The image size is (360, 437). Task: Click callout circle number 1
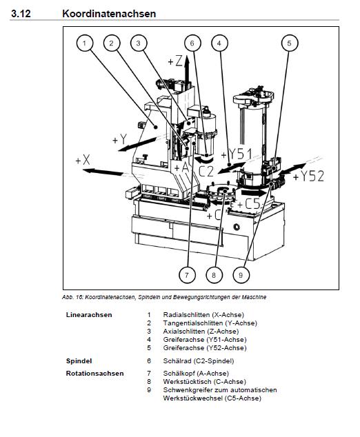[x=84, y=43]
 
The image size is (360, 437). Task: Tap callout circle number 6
[x=192, y=43]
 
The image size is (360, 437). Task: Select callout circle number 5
[x=289, y=43]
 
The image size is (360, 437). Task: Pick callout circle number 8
[x=214, y=275]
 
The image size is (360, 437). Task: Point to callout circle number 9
[x=241, y=275]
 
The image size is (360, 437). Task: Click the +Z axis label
[x=175, y=61]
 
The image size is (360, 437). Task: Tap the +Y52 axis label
[x=309, y=176]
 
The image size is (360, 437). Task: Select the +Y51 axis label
[x=237, y=154]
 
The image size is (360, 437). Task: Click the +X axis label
[x=83, y=160]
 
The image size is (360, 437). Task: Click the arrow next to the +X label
[x=103, y=172]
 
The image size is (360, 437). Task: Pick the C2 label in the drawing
[x=206, y=172]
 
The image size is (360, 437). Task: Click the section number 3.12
[x=21, y=14]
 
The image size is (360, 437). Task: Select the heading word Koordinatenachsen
[x=109, y=14]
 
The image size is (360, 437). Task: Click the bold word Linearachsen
[x=89, y=315]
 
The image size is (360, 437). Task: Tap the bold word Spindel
[x=79, y=361]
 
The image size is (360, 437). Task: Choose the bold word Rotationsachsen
[x=94, y=374]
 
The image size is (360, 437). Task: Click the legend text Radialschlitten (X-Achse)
[x=203, y=315]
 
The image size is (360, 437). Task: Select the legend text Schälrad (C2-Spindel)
[x=199, y=361]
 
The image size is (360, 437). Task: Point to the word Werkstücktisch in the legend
[x=187, y=382]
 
